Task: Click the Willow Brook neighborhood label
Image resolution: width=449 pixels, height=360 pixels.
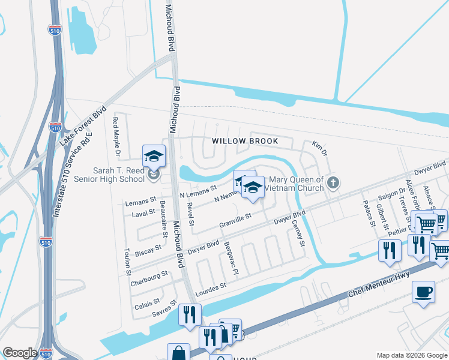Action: (245, 141)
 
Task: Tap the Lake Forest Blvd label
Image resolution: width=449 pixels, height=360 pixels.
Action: (83, 127)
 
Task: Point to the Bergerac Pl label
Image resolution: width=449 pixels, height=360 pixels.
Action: (232, 260)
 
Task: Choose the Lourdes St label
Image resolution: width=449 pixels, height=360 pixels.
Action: (210, 290)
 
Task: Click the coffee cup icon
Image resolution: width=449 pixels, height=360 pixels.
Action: (424, 292)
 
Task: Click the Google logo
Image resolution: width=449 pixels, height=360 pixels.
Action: (20, 353)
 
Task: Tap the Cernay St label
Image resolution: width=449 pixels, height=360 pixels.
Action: (298, 235)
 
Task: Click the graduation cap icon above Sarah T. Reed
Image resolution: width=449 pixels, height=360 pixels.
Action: (154, 156)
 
